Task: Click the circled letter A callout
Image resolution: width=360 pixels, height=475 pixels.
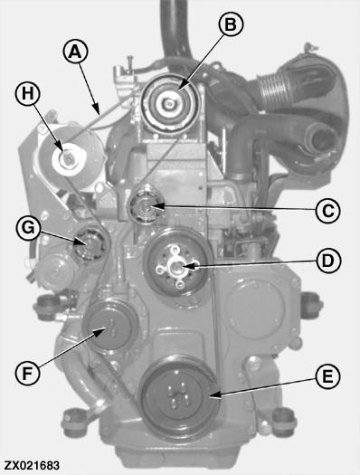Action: point(75,52)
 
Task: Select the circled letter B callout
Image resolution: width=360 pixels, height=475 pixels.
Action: point(231,24)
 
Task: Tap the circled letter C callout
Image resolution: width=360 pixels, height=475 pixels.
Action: point(327,211)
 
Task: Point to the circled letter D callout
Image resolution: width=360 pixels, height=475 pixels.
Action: point(328,261)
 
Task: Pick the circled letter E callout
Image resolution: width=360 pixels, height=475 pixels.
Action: point(328,377)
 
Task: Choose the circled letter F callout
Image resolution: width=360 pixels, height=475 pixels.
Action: point(27,373)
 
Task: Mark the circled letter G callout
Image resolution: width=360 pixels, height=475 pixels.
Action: point(28,228)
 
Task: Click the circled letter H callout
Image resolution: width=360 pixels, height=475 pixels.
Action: point(27,93)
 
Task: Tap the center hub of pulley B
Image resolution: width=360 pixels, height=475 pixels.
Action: point(169,105)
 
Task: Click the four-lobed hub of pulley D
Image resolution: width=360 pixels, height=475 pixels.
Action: point(176,267)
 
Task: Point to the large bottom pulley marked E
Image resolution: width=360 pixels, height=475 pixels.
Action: point(179,397)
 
